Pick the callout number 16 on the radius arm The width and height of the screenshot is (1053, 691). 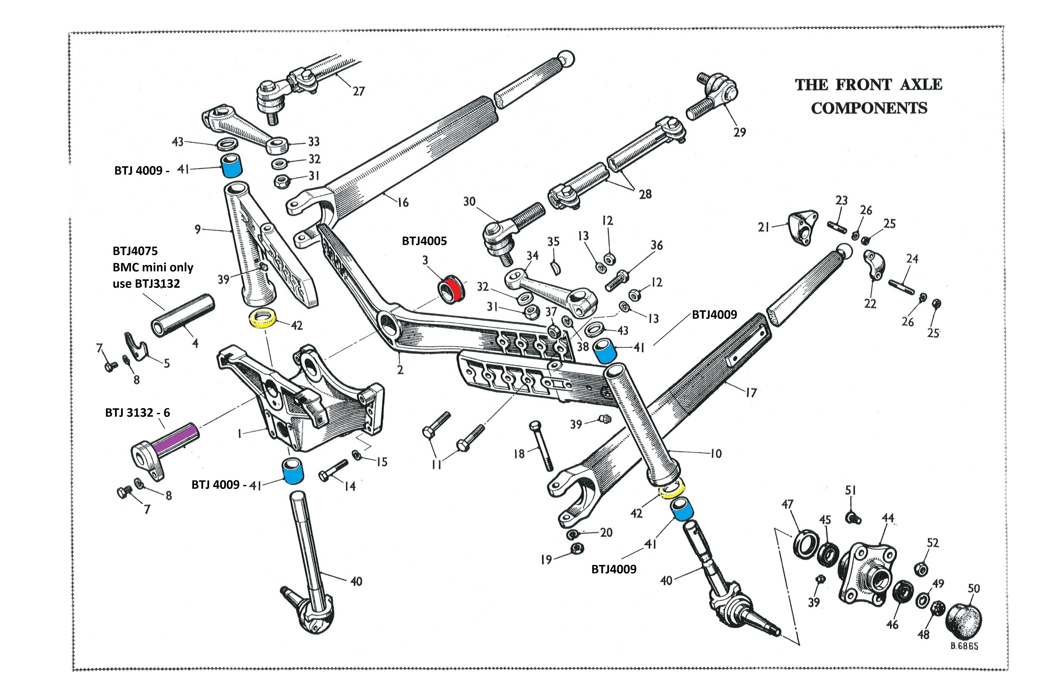[403, 202]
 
